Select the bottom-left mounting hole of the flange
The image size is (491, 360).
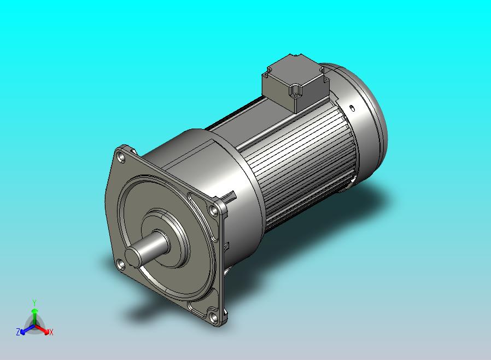pos(120,265)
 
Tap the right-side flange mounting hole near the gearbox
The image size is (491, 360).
pos(214,210)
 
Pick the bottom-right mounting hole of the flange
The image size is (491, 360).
pos(214,318)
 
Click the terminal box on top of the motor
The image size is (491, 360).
pos(295,83)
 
